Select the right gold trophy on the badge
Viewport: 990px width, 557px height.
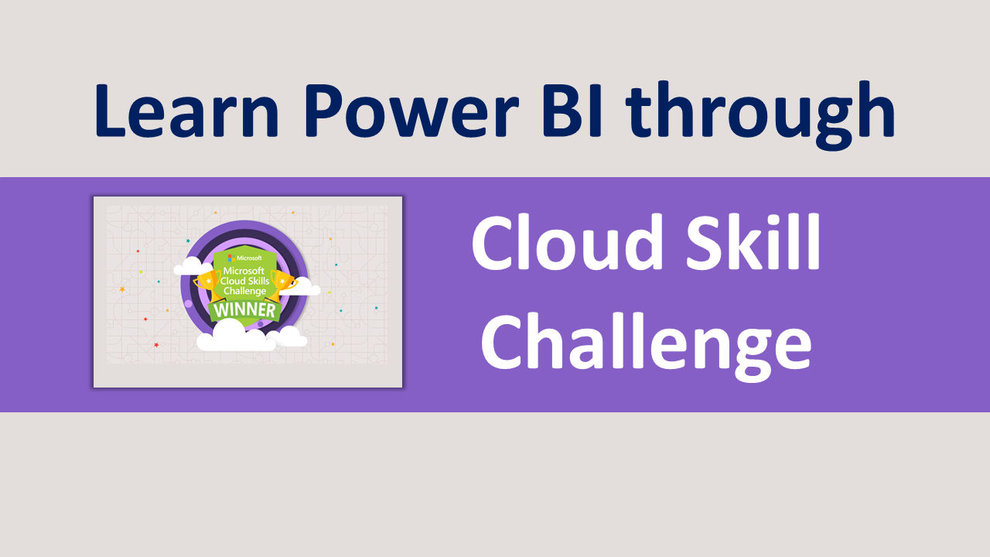283,282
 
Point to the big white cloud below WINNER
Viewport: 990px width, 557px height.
235,336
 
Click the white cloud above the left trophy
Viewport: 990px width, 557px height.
189,268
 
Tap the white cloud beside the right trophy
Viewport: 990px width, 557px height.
303,286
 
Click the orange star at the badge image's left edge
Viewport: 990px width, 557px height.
122,289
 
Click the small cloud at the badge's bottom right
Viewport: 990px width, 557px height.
290,337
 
